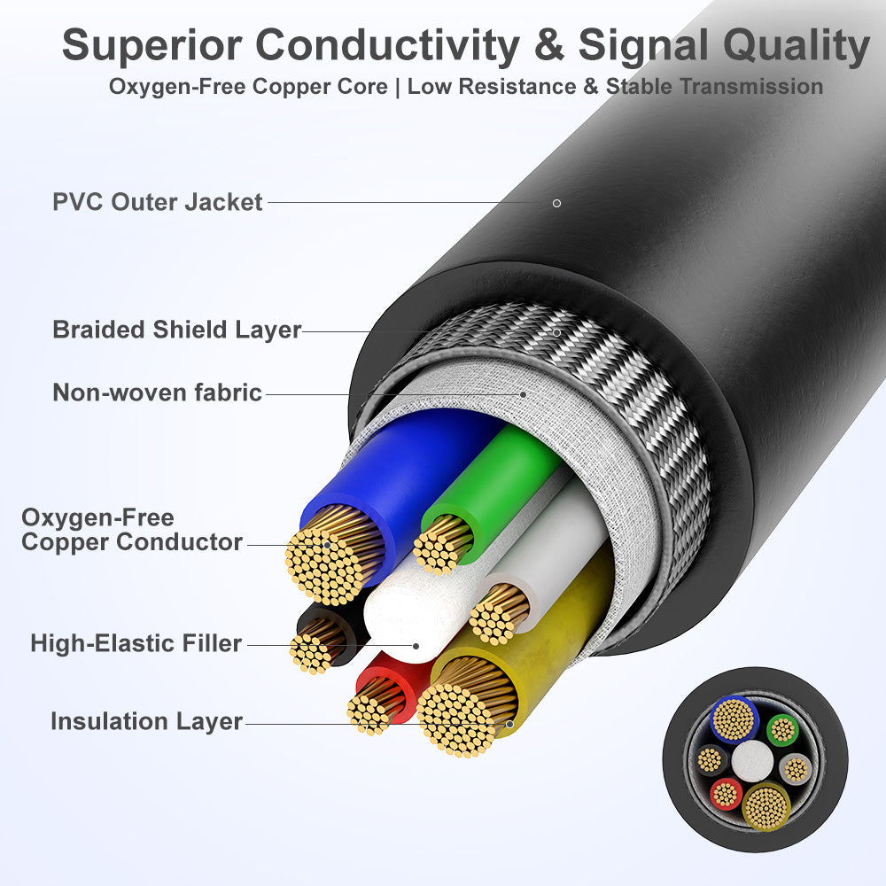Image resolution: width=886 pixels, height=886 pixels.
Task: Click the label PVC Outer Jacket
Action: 158,202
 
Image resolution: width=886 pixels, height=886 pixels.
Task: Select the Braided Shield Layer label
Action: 177,330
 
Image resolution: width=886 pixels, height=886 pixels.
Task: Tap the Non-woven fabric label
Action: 158,392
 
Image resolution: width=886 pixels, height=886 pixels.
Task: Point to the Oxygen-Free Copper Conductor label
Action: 131,530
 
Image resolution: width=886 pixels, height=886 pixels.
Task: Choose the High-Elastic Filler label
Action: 136,643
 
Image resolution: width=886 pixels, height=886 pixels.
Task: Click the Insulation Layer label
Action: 146,721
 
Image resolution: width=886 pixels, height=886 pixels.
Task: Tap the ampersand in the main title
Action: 549,45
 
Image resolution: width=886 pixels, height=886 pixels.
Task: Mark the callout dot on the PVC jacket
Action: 556,203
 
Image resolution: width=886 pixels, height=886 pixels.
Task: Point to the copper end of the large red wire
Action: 372,708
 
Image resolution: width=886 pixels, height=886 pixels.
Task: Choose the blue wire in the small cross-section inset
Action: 734,719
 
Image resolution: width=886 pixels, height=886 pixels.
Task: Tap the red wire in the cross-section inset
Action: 727,794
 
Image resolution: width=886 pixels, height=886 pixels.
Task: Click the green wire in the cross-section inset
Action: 782,730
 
